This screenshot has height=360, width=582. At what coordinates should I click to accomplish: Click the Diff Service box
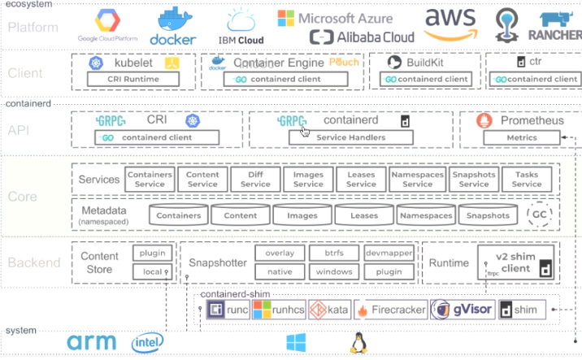(x=255, y=179)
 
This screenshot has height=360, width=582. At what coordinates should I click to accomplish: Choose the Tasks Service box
(x=527, y=179)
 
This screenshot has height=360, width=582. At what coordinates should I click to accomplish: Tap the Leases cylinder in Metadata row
(x=363, y=215)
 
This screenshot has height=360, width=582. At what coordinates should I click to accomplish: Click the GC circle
(x=537, y=215)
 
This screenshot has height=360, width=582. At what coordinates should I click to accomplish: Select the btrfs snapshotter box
(x=334, y=253)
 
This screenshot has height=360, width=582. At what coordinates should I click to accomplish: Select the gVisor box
(x=460, y=310)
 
